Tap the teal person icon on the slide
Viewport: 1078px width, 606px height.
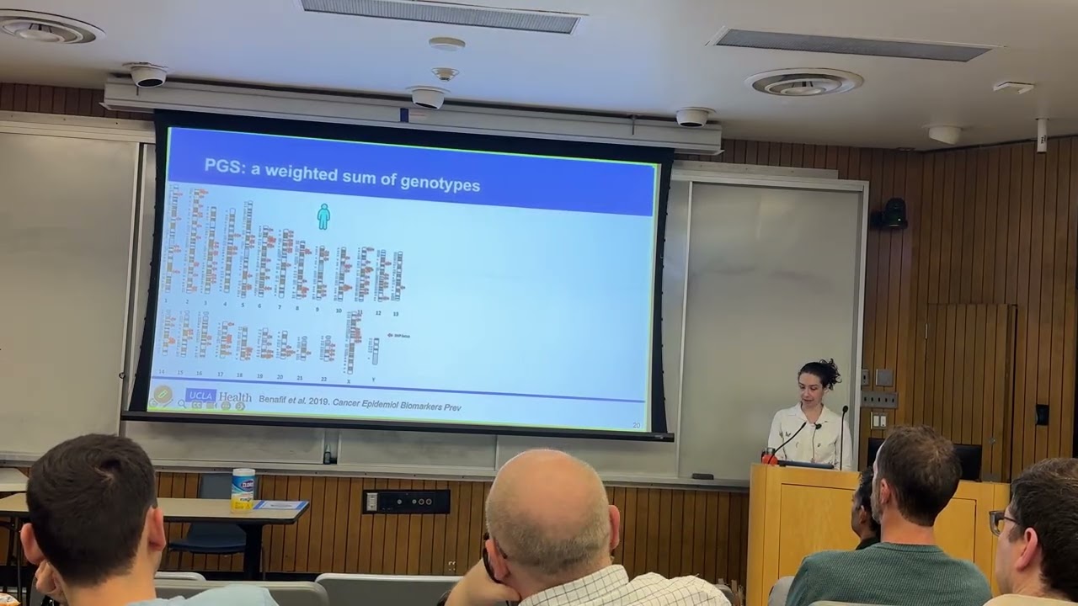click(323, 216)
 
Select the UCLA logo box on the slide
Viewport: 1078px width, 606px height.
click(200, 396)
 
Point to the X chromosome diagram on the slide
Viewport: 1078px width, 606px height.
click(352, 341)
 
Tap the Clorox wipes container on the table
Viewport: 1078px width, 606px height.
click(243, 489)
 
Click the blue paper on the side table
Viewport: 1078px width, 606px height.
click(281, 505)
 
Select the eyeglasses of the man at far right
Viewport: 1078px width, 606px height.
click(1000, 523)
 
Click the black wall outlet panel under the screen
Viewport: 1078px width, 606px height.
click(406, 502)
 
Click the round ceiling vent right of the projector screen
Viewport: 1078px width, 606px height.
click(803, 82)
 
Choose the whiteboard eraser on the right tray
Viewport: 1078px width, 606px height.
click(702, 476)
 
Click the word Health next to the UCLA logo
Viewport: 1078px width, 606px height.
click(235, 397)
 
